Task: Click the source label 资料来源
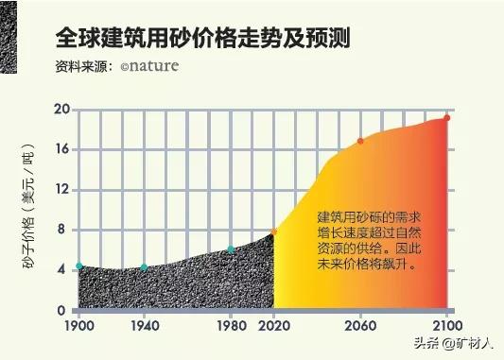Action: tap(83, 68)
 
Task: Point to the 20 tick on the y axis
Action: tap(63, 110)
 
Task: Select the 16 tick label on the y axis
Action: tap(63, 149)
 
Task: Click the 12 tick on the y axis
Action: tap(63, 190)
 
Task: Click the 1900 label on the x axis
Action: tap(79, 325)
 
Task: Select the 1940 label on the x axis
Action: tap(144, 325)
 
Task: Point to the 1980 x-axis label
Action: tap(230, 325)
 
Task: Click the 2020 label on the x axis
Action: tap(273, 325)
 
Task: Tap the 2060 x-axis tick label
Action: tap(359, 325)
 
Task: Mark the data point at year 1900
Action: tap(79, 266)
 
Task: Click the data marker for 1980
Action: tap(230, 250)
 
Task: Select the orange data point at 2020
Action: tap(273, 231)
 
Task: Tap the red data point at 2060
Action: tap(359, 142)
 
